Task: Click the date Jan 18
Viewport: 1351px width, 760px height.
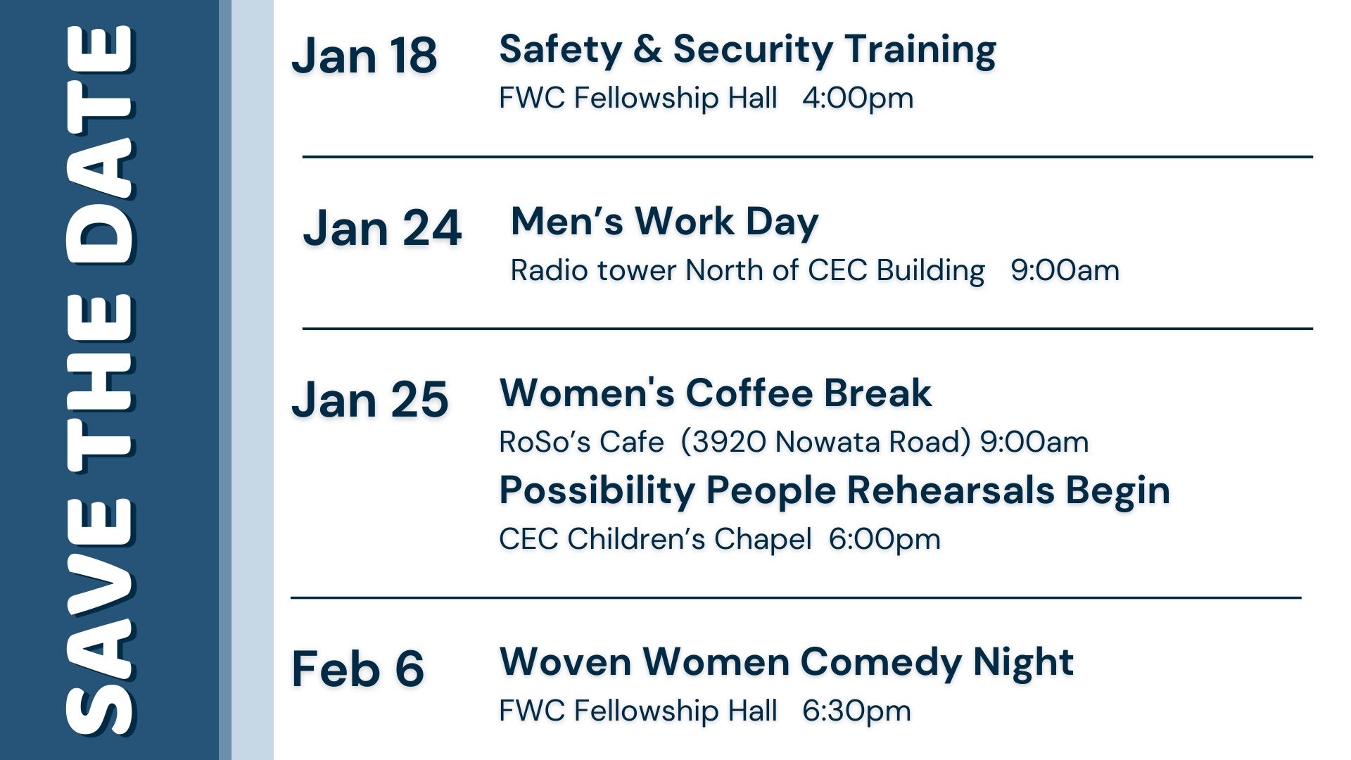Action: click(364, 56)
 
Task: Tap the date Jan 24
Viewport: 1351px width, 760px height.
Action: click(382, 228)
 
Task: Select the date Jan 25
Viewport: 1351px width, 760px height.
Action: click(370, 400)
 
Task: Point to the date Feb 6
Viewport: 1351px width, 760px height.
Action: click(357, 669)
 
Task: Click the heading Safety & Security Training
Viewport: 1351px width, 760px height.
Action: click(747, 51)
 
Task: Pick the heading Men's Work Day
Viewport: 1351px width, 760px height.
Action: click(665, 222)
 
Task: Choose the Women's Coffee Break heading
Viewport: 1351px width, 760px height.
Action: click(716, 393)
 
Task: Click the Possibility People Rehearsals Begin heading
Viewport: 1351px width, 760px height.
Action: click(835, 491)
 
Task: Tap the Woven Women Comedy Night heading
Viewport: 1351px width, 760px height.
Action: click(787, 663)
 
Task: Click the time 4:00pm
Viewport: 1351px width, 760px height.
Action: click(858, 98)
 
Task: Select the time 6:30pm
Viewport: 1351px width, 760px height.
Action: click(856, 711)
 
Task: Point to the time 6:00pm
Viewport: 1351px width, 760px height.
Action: click(884, 540)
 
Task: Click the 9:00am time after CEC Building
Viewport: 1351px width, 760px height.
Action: click(1065, 270)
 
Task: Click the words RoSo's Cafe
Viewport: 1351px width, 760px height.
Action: click(581, 442)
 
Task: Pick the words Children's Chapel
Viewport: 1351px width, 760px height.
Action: click(690, 540)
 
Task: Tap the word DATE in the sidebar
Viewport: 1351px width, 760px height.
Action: click(100, 144)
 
